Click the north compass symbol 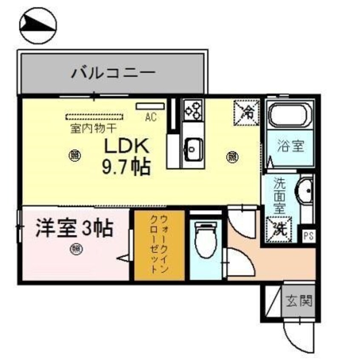pos(38,26)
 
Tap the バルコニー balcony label pos(113,74)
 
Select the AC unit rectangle pos(150,106)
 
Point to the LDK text pos(126,146)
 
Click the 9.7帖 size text pos(126,166)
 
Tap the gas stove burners pos(193,110)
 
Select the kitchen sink pos(193,150)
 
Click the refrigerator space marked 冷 pos(246,113)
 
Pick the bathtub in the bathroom pos(290,114)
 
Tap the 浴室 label pos(291,146)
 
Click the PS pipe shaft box pos(309,236)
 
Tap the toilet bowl pos(206,240)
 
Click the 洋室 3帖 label pos(74,229)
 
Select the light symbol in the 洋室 pos(76,249)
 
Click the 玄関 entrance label pos(299,301)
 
